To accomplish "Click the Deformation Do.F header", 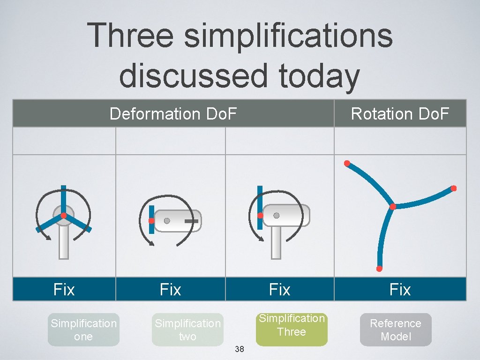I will coord(173,113).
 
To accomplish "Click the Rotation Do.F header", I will coord(400,113).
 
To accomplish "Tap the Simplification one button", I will coord(83,330).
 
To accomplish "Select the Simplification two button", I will coord(187,330).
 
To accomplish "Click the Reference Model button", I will coord(396,330).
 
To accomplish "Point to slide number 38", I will coord(239,349).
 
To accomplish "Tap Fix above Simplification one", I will coord(64,290).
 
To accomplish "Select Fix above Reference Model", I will coord(400,290).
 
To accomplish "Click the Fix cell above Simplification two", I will coord(170,290).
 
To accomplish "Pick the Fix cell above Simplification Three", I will coord(279,290).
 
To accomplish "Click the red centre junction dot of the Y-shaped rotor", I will coord(393,207).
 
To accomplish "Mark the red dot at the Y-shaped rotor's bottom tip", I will coord(379,269).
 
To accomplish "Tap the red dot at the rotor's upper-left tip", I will coord(347,163).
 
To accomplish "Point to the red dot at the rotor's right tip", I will coord(453,188).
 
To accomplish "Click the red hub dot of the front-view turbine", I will coord(63,216).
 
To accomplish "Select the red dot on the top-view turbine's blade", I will coord(151,221).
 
